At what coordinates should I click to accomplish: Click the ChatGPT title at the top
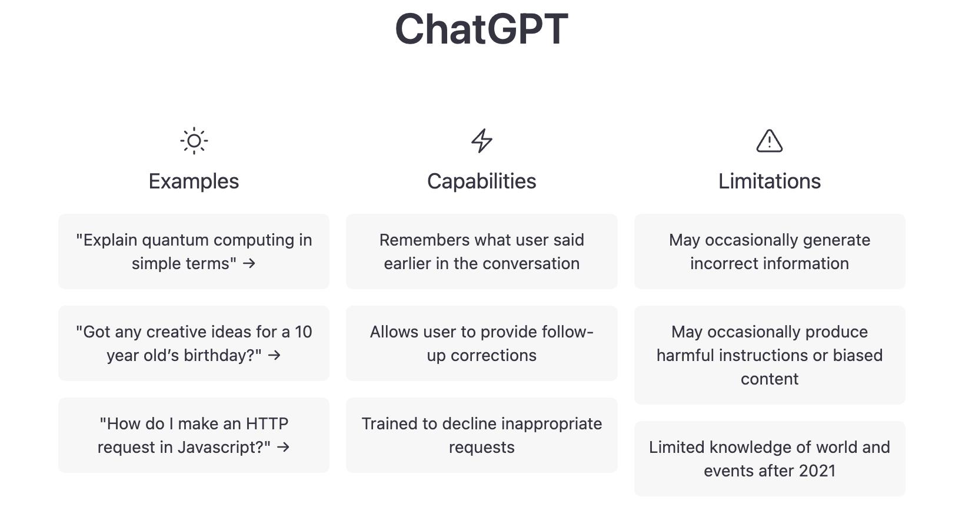click(481, 29)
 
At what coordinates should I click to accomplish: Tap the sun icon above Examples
click(194, 141)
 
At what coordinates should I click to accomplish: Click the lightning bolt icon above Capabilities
click(482, 141)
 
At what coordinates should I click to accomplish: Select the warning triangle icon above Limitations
click(769, 141)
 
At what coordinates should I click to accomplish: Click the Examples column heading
click(194, 181)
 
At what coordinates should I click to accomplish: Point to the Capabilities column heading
click(481, 181)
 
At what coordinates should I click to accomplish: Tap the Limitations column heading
click(770, 181)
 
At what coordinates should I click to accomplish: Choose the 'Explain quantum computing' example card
click(194, 251)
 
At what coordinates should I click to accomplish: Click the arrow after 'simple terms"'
click(249, 264)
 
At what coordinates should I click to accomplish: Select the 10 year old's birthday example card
click(194, 343)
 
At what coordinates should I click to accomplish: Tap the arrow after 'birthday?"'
click(274, 356)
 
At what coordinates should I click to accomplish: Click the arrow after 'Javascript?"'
click(283, 448)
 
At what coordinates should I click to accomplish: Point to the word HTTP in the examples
click(267, 423)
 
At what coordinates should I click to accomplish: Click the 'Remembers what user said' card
click(482, 251)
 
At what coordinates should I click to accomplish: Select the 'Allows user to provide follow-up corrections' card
click(482, 343)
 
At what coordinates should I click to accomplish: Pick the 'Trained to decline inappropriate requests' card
click(482, 435)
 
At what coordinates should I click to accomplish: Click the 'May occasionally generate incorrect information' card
click(770, 251)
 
